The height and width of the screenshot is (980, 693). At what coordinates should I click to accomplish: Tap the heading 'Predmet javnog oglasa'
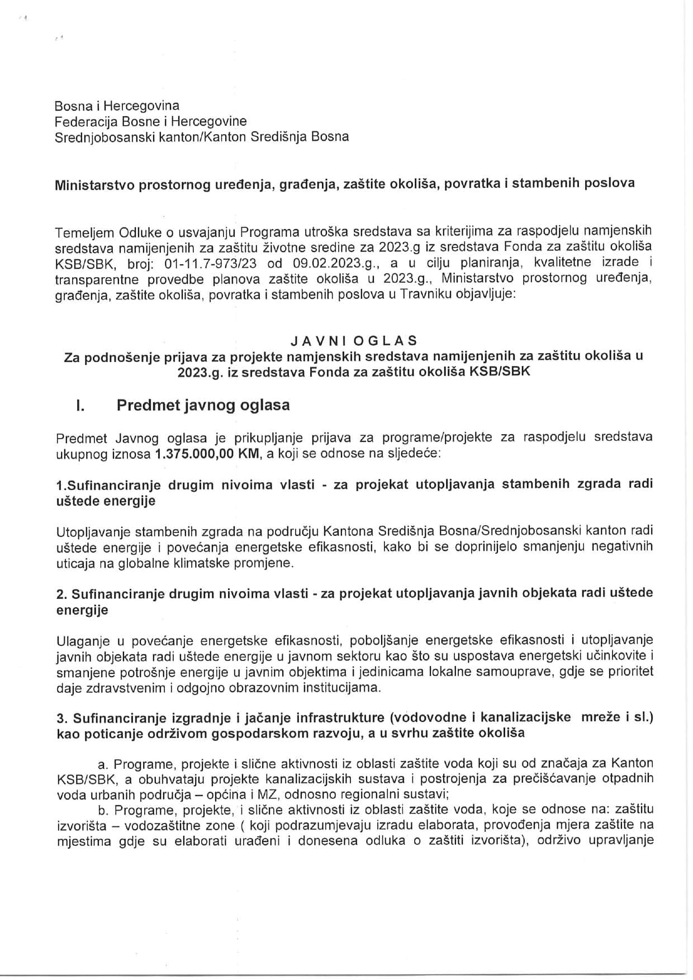point(203,405)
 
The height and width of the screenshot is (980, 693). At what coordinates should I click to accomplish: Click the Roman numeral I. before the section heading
point(80,406)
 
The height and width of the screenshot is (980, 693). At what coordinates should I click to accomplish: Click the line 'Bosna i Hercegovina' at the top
point(117,106)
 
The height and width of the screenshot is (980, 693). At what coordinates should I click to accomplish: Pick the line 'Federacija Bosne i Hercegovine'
point(150,121)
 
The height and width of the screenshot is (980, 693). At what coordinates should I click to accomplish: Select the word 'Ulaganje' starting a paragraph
point(80,640)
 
